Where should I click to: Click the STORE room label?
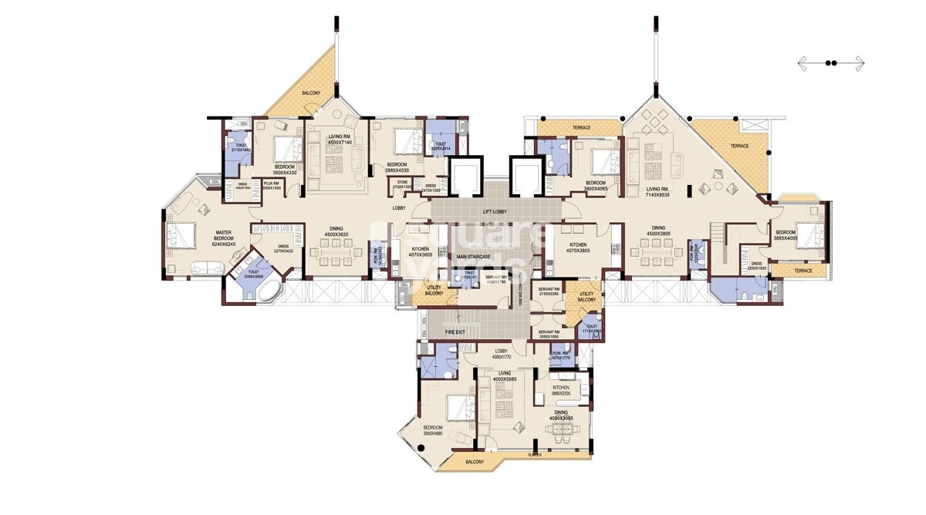(x=402, y=182)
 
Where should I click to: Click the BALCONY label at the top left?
(x=312, y=93)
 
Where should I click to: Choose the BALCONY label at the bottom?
(x=474, y=462)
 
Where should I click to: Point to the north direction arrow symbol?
(x=831, y=63)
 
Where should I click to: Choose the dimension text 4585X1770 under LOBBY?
(x=502, y=356)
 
